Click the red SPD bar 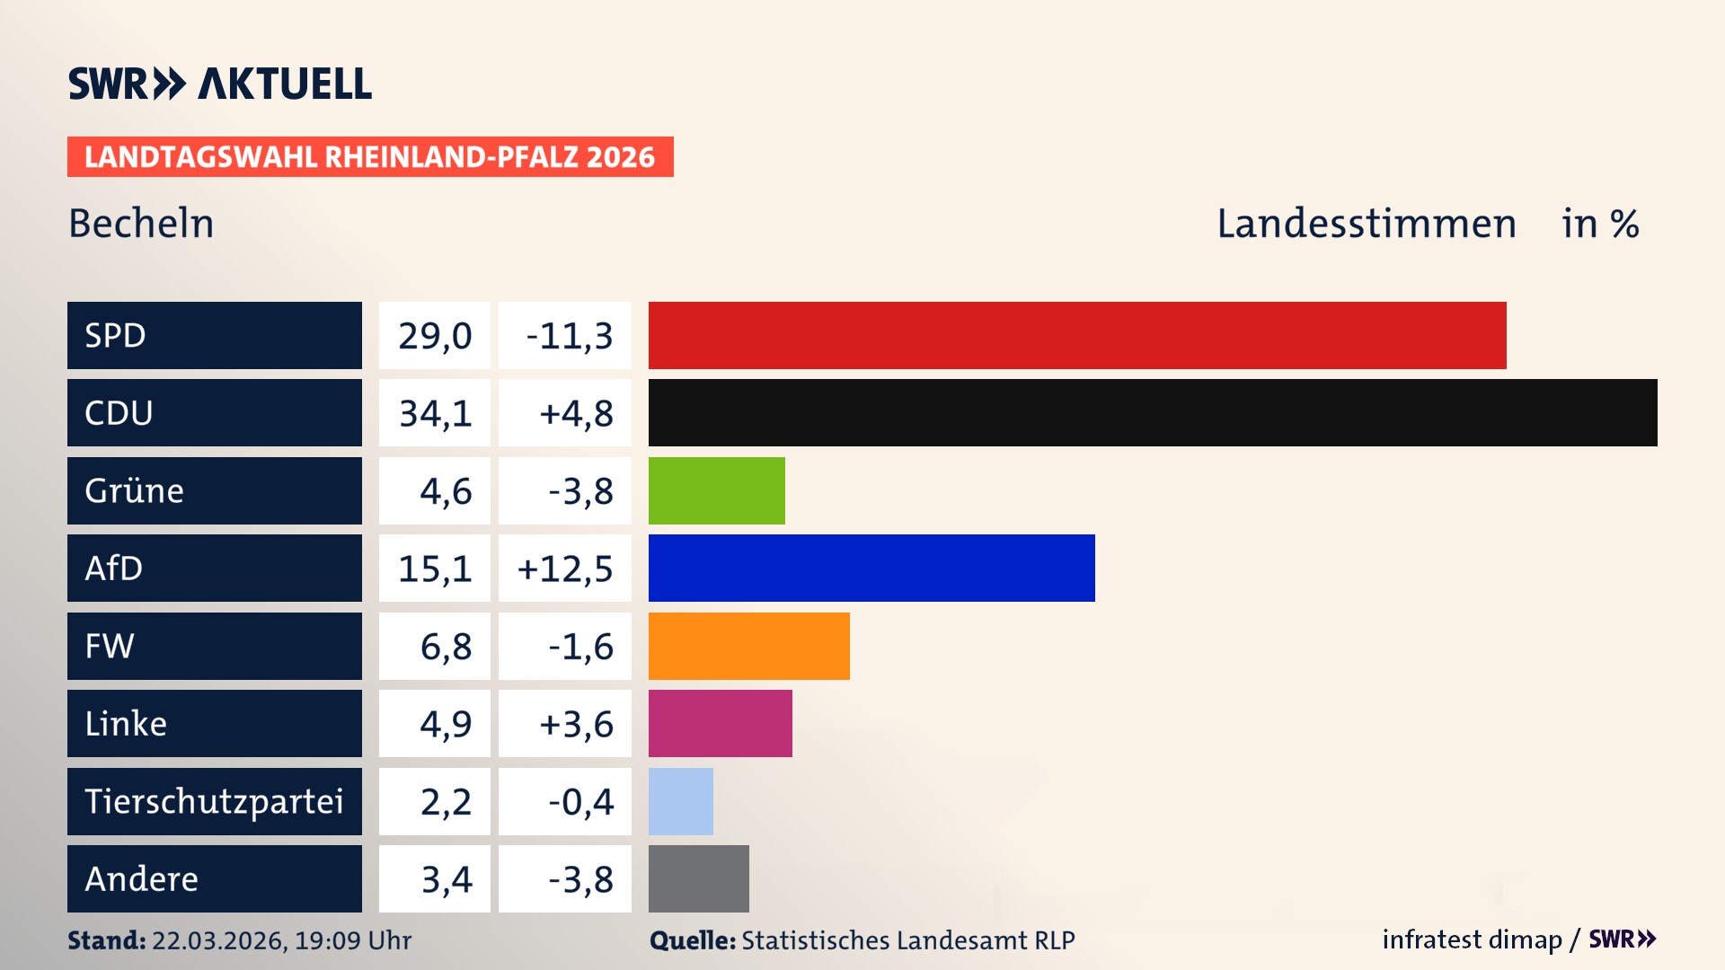pos(1076,335)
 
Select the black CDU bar pos(1152,413)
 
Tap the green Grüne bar pos(716,490)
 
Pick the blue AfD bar pos(871,568)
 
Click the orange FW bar pos(748,646)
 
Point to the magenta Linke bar pos(720,723)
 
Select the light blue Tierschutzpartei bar pos(680,801)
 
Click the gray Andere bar pos(698,878)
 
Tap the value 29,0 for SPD pos(435,336)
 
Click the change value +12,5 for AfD pos(565,569)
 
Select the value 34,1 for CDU pos(435,413)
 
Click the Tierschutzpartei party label pos(214,801)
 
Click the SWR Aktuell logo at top pos(219,84)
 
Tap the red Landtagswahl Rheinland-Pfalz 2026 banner pos(369,157)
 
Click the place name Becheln pos(141,224)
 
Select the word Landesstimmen pos(1366,224)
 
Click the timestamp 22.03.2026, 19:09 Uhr pos(281,940)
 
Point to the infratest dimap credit pos(1471,939)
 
